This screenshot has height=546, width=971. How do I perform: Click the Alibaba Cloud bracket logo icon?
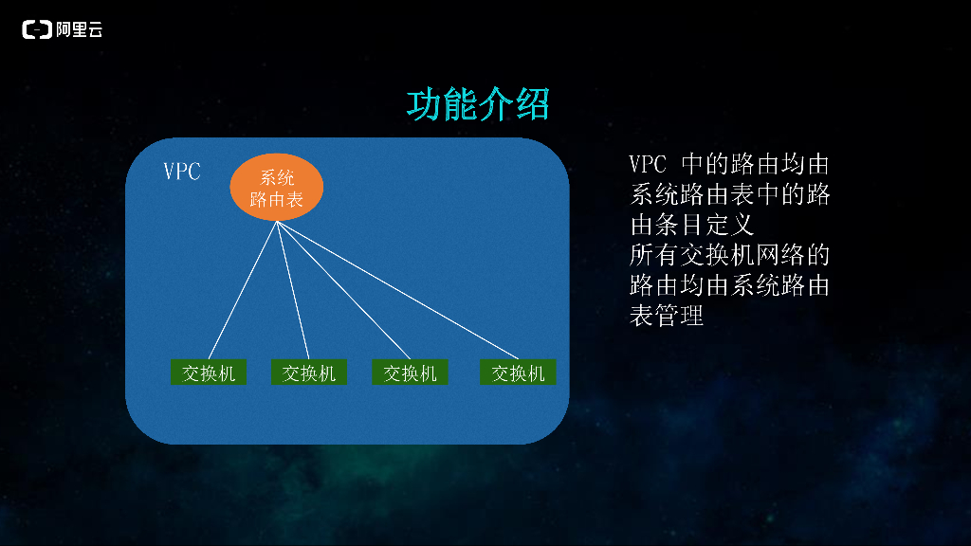[x=37, y=29]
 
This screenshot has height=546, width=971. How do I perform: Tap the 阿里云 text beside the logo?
[x=79, y=29]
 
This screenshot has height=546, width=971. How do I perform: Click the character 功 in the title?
[x=424, y=104]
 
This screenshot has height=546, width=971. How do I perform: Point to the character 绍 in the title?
[x=533, y=104]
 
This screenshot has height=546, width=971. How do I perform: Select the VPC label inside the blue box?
[x=182, y=172]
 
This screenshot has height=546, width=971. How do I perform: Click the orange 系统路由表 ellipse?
[x=277, y=187]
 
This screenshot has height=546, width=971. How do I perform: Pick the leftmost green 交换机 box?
[x=209, y=372]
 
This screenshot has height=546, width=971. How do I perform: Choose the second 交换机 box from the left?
[x=309, y=372]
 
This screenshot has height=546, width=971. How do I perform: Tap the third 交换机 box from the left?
[x=410, y=372]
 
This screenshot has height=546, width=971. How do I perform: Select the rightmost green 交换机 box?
[x=518, y=372]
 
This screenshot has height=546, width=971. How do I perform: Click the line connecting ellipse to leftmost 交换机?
[x=243, y=290]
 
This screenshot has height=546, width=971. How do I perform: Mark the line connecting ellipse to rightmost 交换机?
[x=397, y=290]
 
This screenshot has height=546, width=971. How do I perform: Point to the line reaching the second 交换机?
[x=293, y=290]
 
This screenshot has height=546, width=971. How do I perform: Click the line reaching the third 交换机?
[x=343, y=290]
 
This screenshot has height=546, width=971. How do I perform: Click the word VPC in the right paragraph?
[x=648, y=165]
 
